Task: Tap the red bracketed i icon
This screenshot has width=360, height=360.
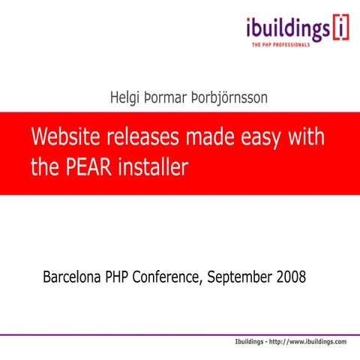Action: [341, 28]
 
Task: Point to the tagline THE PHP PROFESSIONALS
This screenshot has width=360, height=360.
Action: [290, 46]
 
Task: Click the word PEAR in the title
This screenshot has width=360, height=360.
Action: [89, 166]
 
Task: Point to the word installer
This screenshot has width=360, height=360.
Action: [154, 166]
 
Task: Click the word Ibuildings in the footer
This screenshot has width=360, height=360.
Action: [253, 342]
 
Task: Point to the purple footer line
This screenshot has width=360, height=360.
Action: [180, 334]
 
